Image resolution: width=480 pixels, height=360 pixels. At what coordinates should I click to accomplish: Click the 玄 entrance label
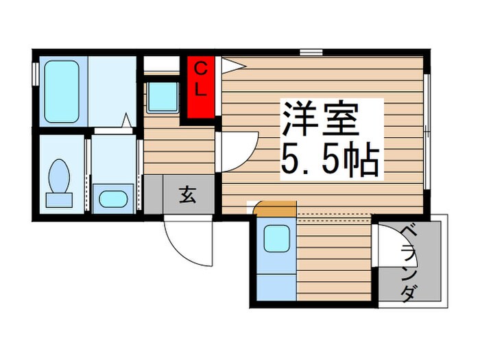click(x=188, y=195)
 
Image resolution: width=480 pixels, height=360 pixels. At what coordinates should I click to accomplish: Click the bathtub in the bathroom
click(x=62, y=91)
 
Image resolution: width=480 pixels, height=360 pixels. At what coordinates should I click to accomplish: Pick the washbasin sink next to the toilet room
click(x=112, y=198)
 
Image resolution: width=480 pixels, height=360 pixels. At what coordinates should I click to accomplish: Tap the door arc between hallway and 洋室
click(x=237, y=151)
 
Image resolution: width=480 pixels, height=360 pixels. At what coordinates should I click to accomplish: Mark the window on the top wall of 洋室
click(x=311, y=52)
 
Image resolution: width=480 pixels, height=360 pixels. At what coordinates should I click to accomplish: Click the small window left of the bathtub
click(x=34, y=74)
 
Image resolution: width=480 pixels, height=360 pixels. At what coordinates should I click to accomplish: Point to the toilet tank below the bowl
click(x=59, y=200)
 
